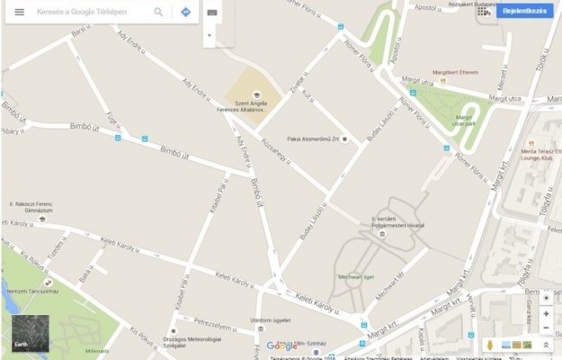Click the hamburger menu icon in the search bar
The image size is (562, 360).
[19, 13]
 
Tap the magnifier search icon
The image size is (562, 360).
[159, 13]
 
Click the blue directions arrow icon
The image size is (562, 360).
[185, 13]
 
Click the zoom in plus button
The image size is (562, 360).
[546, 314]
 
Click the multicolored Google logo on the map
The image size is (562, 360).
[281, 346]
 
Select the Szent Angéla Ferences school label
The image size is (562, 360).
[254, 110]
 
